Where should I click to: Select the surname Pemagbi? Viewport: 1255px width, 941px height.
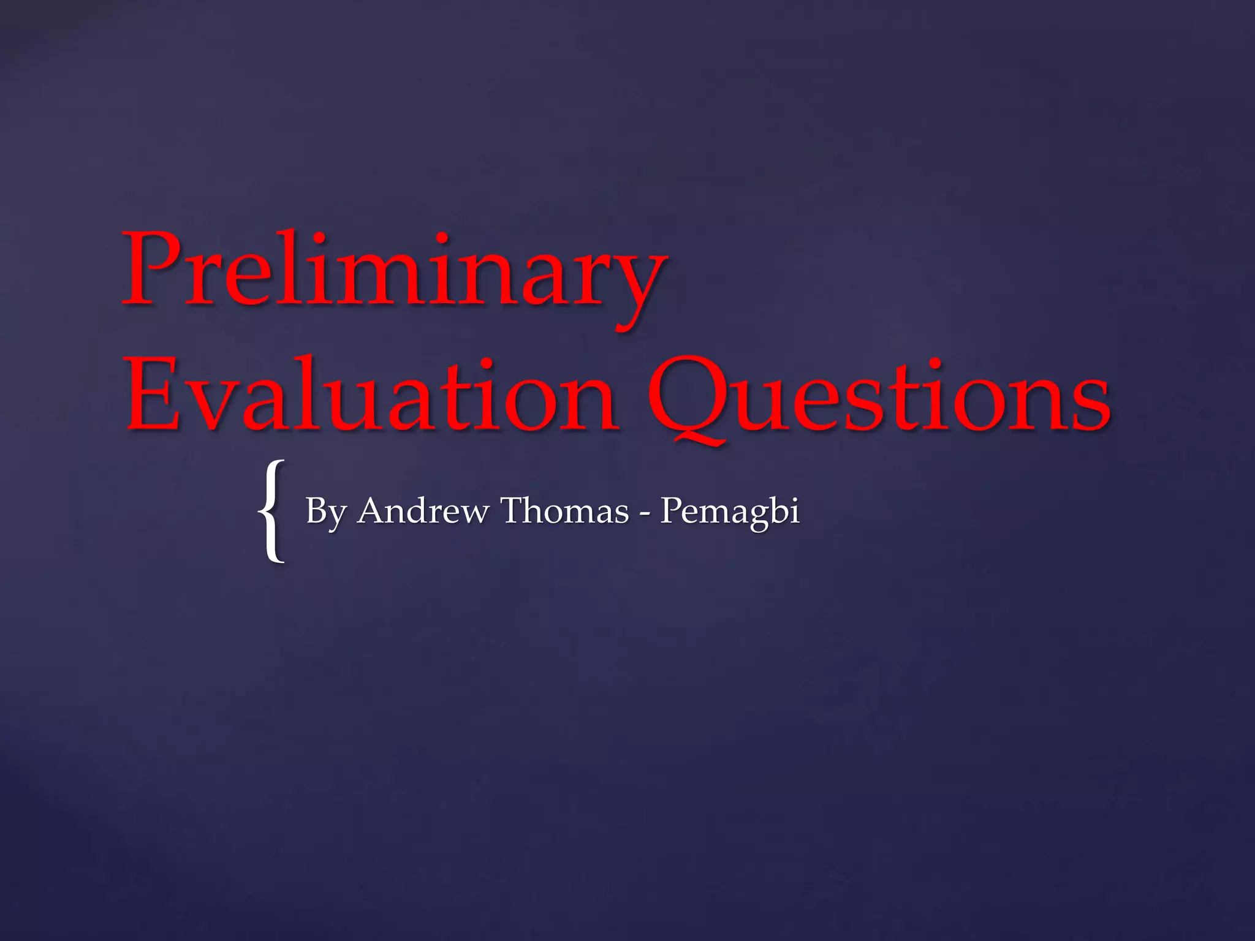729,512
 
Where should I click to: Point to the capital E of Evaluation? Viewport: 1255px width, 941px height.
153,395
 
